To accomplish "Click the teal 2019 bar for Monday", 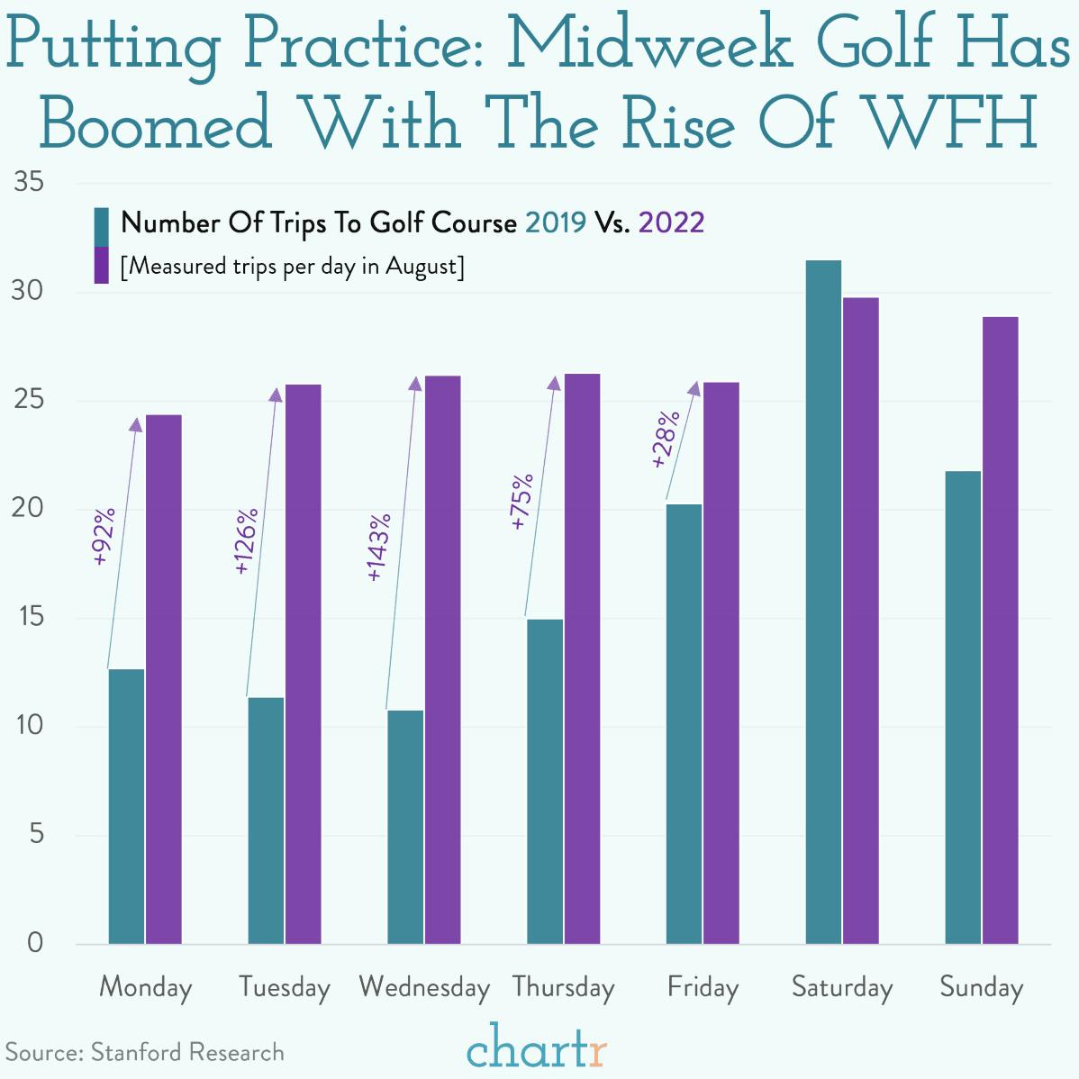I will pos(126,806).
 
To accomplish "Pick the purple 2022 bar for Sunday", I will pos(1000,630).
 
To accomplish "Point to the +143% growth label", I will pos(379,547).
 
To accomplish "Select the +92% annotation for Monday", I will pos(104,537).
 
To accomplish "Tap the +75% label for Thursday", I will pos(521,501).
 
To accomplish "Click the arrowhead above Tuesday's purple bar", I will pos(276,394).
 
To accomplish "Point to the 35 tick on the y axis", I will pos(30,183).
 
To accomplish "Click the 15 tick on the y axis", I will pos(30,618).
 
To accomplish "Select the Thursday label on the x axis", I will pos(563,987).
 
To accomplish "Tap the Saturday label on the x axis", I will pos(842,987).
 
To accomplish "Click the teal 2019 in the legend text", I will pos(555,222).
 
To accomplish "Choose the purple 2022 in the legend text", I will pos(671,222).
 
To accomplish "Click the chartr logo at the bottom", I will pos(537,1047).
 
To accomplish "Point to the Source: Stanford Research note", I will pos(145,1052).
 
